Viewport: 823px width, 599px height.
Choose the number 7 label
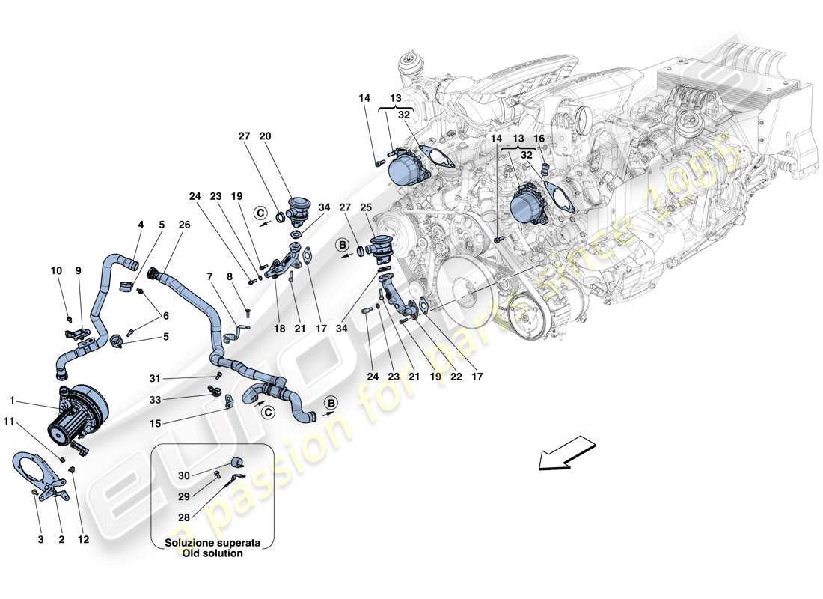click(x=209, y=277)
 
